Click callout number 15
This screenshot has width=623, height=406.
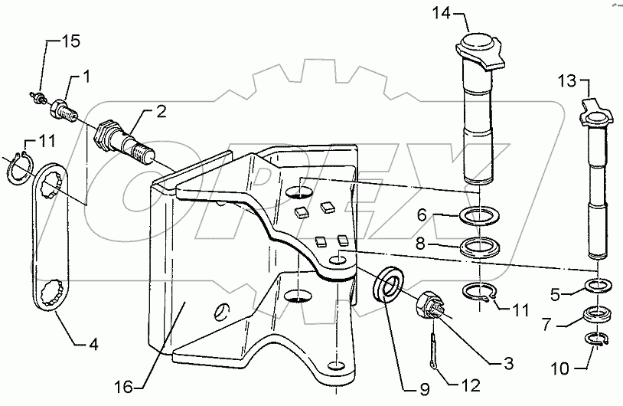[70, 42]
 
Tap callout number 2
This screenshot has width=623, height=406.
[161, 113]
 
